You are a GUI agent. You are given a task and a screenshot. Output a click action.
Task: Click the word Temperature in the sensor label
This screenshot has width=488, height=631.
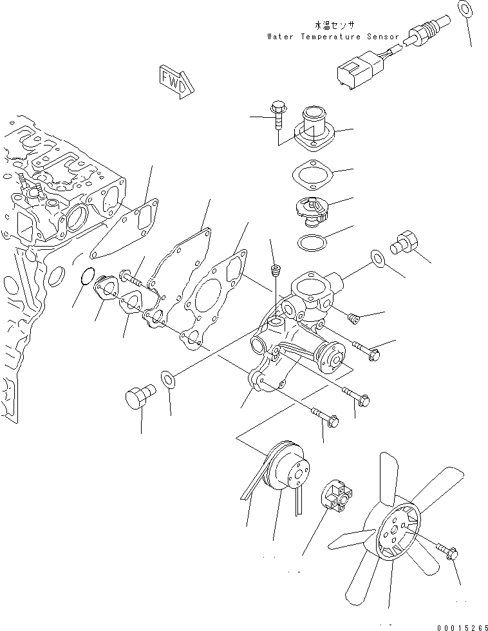pyautogui.click(x=331, y=37)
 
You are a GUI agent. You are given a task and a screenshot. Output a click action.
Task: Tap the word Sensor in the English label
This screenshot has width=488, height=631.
pyautogui.click(x=382, y=37)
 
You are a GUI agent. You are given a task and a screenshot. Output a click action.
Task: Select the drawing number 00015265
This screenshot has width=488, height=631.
pyautogui.click(x=463, y=627)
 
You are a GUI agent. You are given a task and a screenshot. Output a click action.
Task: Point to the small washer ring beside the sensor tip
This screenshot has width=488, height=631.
pyautogui.click(x=465, y=8)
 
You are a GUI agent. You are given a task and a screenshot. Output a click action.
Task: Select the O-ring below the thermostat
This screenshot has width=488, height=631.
pyautogui.click(x=312, y=242)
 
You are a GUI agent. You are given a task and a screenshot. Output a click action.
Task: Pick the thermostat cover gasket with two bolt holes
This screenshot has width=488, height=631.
pyautogui.click(x=312, y=175)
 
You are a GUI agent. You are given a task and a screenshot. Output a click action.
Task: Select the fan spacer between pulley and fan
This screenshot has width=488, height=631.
pyautogui.click(x=337, y=496)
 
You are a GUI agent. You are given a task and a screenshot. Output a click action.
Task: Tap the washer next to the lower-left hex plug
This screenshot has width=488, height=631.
pyautogui.click(x=168, y=379)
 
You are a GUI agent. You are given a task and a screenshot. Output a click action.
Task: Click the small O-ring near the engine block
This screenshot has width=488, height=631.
pyautogui.click(x=88, y=276)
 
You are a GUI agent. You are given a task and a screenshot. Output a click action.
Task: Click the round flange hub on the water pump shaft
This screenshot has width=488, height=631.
pyautogui.click(x=331, y=355)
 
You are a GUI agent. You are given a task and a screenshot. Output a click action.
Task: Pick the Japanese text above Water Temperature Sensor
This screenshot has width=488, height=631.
pyautogui.click(x=335, y=26)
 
